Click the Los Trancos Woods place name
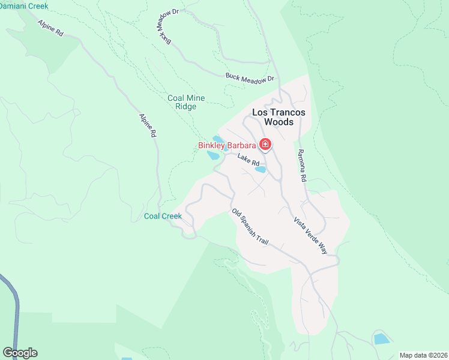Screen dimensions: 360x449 pos(279,117)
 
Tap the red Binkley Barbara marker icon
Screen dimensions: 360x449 pos(265,145)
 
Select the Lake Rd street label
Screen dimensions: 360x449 pos(248,160)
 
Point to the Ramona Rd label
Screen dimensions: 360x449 pos(302,166)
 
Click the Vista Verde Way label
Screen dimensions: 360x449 pos(311,236)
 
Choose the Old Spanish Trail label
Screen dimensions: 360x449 pos(250,227)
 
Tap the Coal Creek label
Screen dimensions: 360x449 pos(163,216)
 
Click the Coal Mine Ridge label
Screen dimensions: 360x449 pos(186,102)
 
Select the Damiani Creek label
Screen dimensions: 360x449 pos(24,5)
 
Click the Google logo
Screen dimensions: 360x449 pos(20,353)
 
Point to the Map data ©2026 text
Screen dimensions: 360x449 pos(423,355)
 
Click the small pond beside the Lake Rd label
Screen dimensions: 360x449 pos(261,169)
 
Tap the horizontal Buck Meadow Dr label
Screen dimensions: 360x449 pos(250,77)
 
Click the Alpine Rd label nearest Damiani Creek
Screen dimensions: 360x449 pos(50,29)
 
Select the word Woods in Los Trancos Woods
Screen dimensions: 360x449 pos(279,122)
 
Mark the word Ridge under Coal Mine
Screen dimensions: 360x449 pos(186,107)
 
